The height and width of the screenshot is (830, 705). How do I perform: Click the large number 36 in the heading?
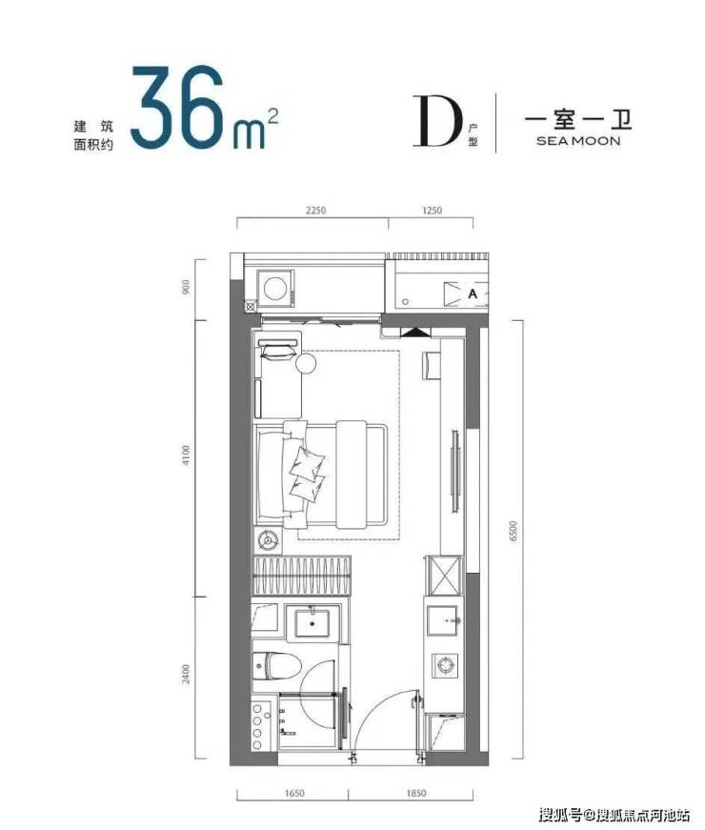[x=177, y=108]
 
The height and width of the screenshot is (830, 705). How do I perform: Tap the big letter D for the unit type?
[x=435, y=121]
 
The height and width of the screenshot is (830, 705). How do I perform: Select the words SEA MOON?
[x=578, y=141]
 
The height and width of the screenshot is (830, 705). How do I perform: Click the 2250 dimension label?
[x=315, y=211]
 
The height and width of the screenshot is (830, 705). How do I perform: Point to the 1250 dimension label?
[x=432, y=211]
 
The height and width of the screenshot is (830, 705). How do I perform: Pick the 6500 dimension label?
[x=512, y=531]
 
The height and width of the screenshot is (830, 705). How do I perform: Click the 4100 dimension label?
[x=185, y=455]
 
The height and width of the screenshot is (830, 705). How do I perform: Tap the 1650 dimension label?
[x=294, y=794]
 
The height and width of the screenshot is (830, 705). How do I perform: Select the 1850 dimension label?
[x=416, y=794]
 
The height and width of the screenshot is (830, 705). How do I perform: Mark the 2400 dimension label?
[x=185, y=674]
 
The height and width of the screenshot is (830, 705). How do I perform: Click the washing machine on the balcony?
[x=275, y=289]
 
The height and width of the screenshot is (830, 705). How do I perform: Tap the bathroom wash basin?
[x=312, y=623]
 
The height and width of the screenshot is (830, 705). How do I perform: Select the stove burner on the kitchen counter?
[x=445, y=662]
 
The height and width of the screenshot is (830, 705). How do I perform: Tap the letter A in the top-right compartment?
[x=473, y=293]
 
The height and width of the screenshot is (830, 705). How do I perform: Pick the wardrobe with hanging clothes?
[x=302, y=576]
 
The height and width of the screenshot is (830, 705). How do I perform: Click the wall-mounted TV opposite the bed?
[x=454, y=472]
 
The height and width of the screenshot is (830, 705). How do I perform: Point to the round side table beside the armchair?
[x=306, y=364]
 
